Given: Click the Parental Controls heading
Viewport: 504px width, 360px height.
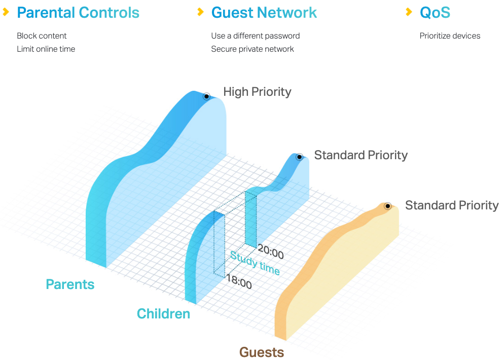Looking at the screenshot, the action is [78, 13].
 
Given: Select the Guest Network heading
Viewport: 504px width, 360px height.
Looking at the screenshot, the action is [264, 13].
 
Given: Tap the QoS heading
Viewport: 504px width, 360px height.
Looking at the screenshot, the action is [435, 13].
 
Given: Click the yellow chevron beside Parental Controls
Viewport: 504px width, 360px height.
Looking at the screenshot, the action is [6, 12].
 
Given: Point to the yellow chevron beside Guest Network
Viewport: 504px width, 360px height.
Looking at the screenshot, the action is [201, 12].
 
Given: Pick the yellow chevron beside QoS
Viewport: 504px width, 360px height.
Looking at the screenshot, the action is [409, 12].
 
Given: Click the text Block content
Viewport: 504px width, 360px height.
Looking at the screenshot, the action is [42, 35].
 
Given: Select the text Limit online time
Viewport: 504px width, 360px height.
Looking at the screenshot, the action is [46, 49].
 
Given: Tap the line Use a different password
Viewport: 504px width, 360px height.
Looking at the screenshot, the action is [256, 35].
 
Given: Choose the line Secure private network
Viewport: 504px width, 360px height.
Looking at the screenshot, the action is [253, 49].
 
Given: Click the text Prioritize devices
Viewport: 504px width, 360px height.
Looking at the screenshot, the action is [450, 35].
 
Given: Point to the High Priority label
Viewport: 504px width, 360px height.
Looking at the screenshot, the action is [257, 92].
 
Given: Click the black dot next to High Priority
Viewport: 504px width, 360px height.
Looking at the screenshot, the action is [207, 96].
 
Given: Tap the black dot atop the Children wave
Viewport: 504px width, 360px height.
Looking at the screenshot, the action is [299, 157].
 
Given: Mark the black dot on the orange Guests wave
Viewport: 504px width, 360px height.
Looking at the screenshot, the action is [388, 206].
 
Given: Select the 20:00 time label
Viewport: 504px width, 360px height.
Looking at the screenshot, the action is [271, 251].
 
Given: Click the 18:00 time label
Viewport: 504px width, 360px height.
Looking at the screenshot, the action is [239, 281].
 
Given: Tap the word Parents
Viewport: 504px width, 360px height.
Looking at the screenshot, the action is [70, 284].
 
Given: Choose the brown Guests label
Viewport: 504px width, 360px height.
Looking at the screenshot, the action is [262, 352].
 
